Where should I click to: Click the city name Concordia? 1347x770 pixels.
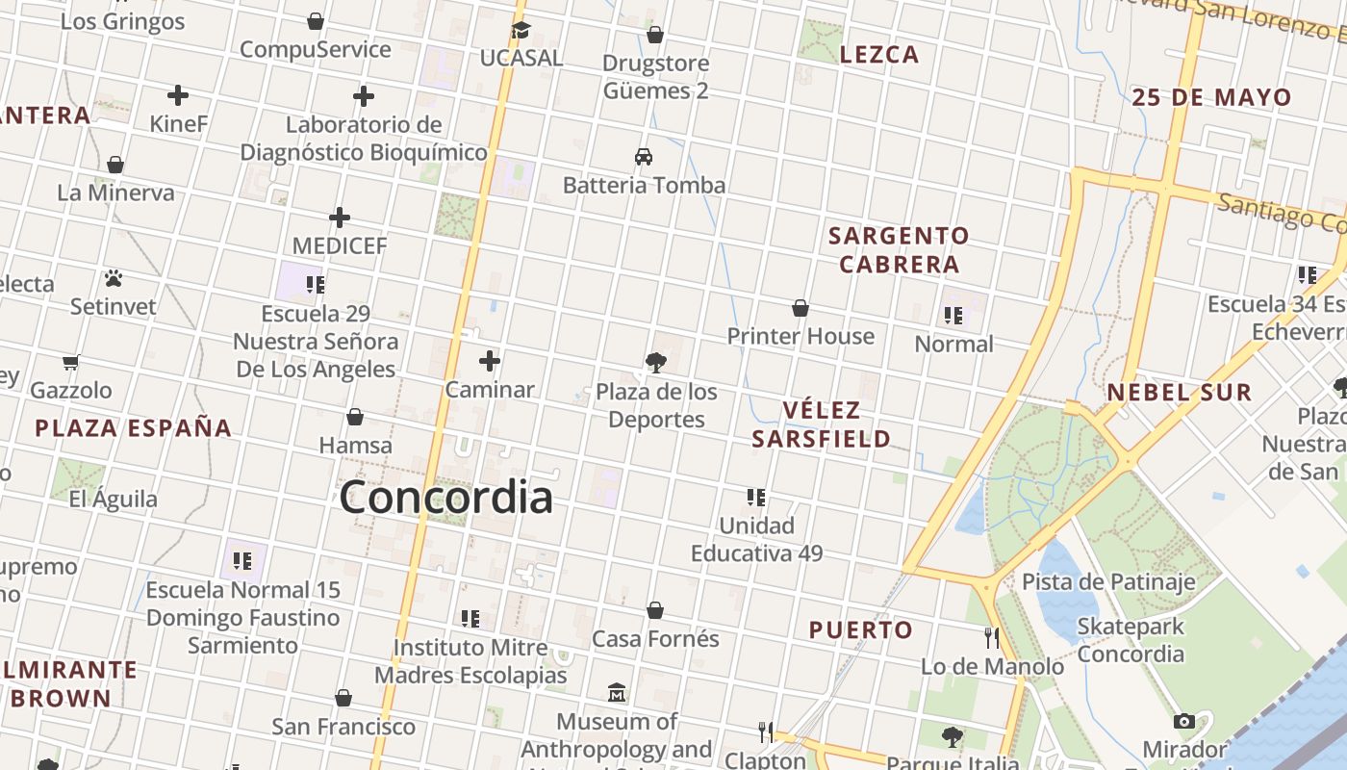(446, 498)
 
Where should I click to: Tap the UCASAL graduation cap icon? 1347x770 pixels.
(521, 30)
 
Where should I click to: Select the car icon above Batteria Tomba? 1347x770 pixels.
(644, 156)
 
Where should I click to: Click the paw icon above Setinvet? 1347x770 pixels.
(114, 279)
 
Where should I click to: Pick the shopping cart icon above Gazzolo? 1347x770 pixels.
(70, 363)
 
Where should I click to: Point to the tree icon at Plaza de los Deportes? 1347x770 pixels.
(656, 363)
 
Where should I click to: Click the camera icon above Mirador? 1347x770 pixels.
(1184, 721)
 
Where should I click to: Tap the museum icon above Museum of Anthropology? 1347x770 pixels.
(617, 693)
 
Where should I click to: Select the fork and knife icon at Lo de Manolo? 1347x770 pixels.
(992, 637)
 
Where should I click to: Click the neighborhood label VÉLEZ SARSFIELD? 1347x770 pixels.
(821, 424)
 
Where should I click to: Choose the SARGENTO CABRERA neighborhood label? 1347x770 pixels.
(899, 249)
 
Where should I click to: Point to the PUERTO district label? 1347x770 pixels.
(860, 630)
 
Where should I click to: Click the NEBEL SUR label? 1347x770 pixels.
(1179, 392)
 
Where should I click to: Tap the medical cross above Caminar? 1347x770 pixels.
(490, 361)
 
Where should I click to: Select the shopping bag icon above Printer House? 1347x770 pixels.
(800, 308)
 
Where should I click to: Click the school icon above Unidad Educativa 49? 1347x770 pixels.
(756, 498)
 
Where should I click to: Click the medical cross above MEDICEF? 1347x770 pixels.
(340, 218)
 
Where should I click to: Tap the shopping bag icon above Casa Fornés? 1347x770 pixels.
(655, 610)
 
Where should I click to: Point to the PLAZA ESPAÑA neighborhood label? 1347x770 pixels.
(134, 427)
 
